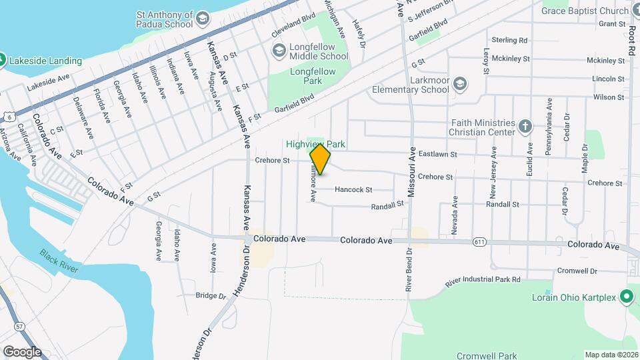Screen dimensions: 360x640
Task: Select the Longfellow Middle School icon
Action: coord(279,50)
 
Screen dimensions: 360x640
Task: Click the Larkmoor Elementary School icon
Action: coord(459,83)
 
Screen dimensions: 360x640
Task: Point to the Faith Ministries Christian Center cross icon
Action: coord(525,126)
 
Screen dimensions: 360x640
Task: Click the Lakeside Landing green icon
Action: coord(3,61)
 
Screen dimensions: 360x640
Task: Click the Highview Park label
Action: coord(316,143)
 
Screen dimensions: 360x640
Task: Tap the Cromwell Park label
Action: coord(487,355)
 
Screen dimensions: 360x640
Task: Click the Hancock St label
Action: coord(353,189)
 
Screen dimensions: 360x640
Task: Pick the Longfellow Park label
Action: coord(297,76)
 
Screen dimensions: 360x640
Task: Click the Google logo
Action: coord(21,352)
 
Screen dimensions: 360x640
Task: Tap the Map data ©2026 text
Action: coord(611,355)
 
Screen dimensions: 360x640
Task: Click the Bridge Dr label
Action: coord(211,295)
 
